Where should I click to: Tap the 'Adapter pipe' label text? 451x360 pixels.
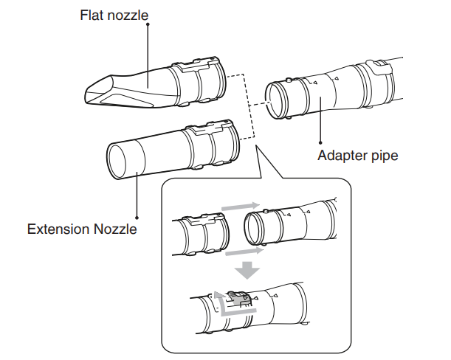[357, 156]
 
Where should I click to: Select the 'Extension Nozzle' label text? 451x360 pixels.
[82, 229]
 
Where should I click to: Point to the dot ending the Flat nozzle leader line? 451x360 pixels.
[148, 24]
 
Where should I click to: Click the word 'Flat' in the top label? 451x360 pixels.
[93, 15]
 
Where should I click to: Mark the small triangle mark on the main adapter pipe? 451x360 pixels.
[335, 77]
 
